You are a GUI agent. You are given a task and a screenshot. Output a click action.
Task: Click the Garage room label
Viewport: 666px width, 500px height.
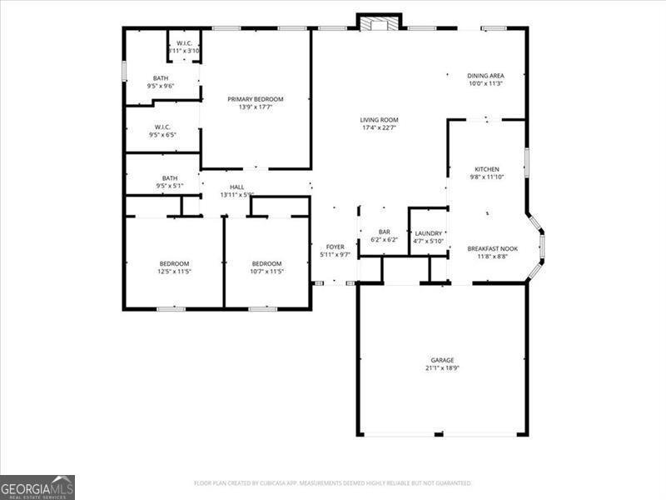442,360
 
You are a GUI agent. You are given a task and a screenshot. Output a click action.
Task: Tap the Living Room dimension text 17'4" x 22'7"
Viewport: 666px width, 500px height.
379,127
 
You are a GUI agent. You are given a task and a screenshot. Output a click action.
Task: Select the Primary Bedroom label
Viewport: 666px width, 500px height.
256,99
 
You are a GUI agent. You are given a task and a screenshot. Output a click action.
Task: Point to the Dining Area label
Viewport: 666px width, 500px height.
485,75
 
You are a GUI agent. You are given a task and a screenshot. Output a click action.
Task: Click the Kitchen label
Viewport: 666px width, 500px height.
487,169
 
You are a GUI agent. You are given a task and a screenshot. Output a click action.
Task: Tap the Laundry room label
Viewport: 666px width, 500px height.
428,233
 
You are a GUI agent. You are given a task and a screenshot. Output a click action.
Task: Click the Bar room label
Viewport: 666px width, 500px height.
385,232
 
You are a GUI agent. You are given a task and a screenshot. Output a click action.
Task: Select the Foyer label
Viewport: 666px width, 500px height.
335,247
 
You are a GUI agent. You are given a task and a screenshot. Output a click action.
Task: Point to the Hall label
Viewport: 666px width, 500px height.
236,187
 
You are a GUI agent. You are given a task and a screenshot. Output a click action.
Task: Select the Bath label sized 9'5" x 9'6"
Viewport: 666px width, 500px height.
160,78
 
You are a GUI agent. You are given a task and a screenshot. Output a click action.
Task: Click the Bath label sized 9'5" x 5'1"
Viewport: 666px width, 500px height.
170,177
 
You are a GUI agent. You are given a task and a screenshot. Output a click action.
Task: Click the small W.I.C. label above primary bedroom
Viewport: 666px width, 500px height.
183,42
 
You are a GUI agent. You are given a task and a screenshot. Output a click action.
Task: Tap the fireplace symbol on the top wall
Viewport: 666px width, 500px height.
380,22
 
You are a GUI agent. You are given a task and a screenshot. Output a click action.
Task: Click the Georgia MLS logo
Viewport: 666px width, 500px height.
37,487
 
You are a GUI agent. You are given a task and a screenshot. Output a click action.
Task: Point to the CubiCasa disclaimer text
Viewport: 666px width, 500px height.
333,483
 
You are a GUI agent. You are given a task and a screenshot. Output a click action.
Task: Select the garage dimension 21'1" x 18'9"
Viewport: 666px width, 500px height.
442,367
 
